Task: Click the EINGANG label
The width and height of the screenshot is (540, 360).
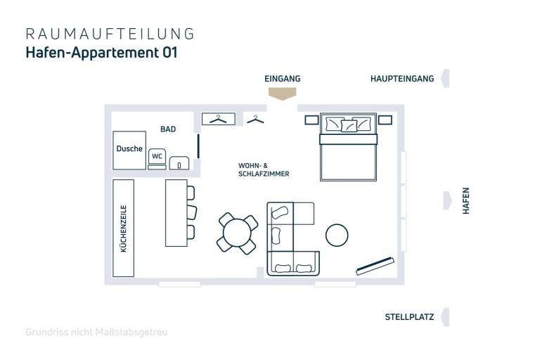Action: [x=282, y=79]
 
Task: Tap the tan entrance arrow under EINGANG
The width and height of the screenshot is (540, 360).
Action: [x=282, y=94]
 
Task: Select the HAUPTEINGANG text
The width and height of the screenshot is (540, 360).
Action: [x=401, y=79]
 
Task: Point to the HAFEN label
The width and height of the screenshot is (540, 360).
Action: [x=465, y=200]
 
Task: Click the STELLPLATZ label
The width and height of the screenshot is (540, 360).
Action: [x=409, y=317]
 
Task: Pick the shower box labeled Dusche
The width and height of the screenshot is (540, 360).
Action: [x=129, y=149]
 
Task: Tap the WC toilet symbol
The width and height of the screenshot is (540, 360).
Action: [x=157, y=157]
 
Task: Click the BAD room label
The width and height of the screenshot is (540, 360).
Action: [x=168, y=129]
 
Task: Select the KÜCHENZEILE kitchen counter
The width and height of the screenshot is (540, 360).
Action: [x=124, y=227]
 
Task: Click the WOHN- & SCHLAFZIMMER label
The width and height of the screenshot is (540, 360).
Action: [x=264, y=169]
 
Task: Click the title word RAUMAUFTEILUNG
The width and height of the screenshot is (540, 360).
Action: [x=110, y=34]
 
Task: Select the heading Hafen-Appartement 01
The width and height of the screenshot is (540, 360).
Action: [x=101, y=53]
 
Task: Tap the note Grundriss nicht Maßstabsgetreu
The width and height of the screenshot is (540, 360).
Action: [x=96, y=331]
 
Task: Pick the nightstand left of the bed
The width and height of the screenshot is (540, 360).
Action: [x=311, y=120]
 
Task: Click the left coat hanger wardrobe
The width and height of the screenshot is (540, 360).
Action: [x=219, y=119]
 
